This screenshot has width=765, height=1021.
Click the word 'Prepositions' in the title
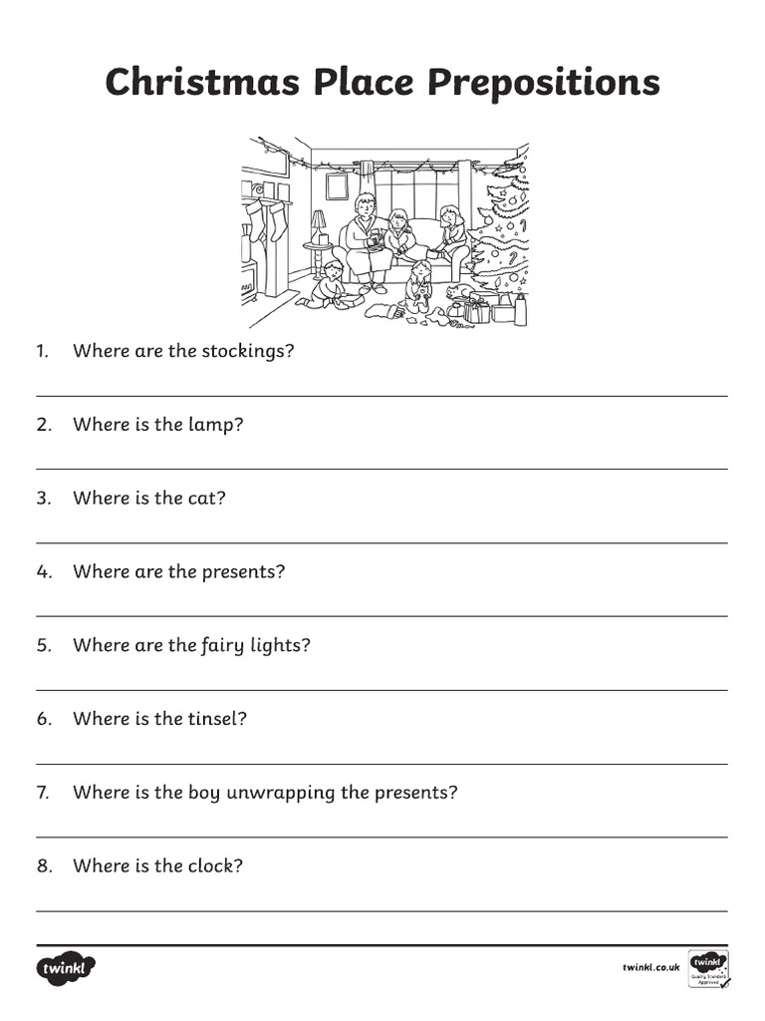[x=544, y=84]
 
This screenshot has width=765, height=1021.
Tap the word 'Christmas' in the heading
[x=203, y=83]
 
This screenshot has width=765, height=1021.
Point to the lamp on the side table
[x=318, y=226]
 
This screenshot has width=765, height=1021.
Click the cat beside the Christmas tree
[x=459, y=292]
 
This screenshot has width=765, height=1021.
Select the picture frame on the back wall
[x=337, y=185]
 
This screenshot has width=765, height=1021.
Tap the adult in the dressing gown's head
[x=366, y=204]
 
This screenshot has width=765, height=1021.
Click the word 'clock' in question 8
[x=211, y=865]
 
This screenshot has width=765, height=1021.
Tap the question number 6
[x=44, y=719]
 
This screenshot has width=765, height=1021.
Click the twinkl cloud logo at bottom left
[x=67, y=967]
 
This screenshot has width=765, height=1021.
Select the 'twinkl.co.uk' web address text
[x=650, y=967]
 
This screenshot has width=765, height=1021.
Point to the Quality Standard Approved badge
[x=709, y=968]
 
